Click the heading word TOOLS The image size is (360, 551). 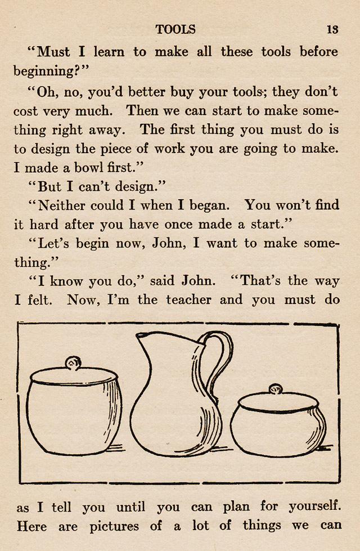[x=175, y=30]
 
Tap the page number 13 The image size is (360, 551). [x=332, y=30]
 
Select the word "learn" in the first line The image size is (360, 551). [x=109, y=52]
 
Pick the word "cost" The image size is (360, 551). [x=26, y=111]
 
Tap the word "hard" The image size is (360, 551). [x=43, y=225]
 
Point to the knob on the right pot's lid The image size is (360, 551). [x=275, y=389]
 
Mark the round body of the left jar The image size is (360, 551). [x=73, y=416]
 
